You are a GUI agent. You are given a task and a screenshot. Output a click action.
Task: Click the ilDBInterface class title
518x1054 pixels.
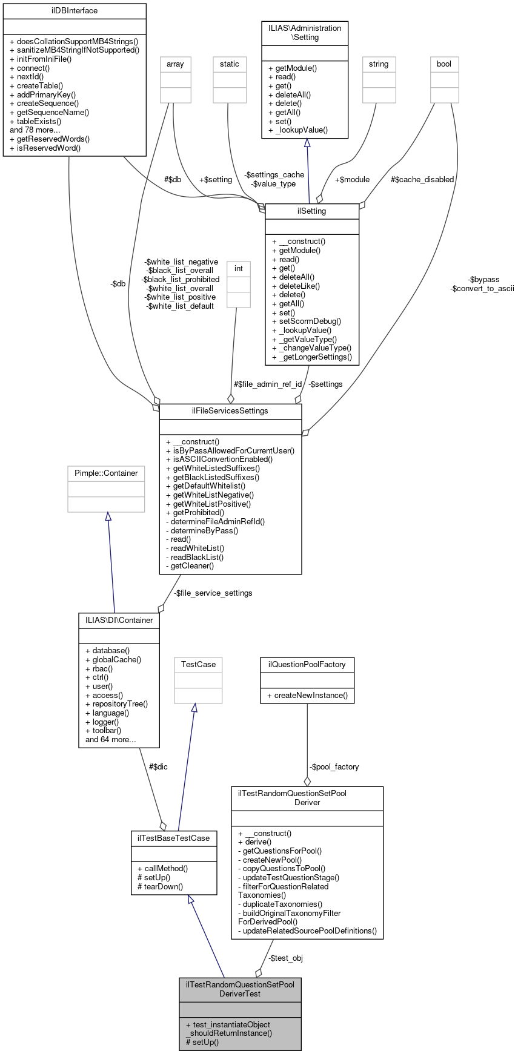pos(75,11)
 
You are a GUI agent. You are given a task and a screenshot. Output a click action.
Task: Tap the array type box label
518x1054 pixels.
pos(175,64)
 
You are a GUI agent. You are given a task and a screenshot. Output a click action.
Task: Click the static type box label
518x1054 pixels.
pos(230,64)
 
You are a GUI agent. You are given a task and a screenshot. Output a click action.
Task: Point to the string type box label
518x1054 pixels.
pos(379,64)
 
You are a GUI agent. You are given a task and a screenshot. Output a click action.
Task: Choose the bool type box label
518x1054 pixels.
pos(444,64)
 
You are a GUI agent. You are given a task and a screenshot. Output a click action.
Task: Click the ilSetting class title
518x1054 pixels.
pos(312,211)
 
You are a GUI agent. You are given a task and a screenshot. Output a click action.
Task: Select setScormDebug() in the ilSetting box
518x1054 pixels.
pos(307,321)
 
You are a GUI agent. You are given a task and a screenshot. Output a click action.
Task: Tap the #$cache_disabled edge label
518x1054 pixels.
pos(422,180)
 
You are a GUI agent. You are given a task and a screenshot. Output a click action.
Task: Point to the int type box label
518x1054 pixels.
pos(239,269)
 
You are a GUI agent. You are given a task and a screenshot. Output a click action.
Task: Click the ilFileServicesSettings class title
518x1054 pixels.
pos(230,411)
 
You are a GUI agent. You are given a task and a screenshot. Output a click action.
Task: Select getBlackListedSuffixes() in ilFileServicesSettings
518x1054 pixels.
pos(212,477)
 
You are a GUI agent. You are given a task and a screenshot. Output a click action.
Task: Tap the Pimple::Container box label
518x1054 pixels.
pos(106,473)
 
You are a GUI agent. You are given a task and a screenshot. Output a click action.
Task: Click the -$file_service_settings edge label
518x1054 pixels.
pos(213,593)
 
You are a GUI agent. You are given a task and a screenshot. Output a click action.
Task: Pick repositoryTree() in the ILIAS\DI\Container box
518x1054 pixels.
pos(116,704)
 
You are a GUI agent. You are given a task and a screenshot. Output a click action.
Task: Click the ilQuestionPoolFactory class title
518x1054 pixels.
pos(307,665)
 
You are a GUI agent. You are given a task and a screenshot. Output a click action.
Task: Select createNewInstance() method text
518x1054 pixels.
pos(307,696)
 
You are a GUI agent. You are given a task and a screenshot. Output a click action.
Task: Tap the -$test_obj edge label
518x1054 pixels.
pos(285,958)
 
